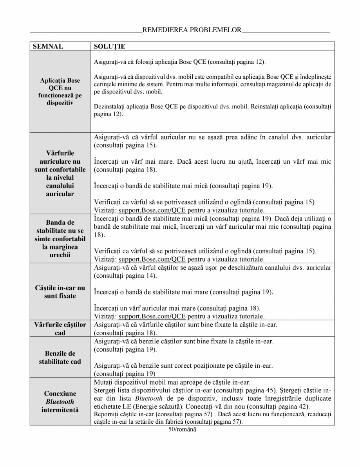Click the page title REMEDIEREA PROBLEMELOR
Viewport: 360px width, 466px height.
pyautogui.click(x=192, y=30)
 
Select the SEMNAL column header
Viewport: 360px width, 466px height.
pyautogui.click(x=47, y=47)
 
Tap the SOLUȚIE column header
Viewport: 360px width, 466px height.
pyautogui.click(x=110, y=47)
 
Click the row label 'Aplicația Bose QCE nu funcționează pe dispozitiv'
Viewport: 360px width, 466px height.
pyautogui.click(x=60, y=91)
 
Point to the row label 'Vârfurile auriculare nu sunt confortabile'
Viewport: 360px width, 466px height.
pyautogui.click(x=60, y=173)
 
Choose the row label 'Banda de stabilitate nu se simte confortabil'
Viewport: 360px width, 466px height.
pyautogui.click(x=60, y=238)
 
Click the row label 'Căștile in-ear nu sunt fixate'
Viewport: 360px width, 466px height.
pyautogui.click(x=60, y=292)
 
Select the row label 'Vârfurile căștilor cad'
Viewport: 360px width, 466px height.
pyautogui.click(x=60, y=329)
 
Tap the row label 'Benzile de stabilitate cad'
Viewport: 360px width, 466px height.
pyautogui.click(x=60, y=357)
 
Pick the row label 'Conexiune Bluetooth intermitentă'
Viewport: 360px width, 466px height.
pyautogui.click(x=60, y=401)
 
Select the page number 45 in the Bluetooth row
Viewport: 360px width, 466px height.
pyautogui.click(x=271, y=390)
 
